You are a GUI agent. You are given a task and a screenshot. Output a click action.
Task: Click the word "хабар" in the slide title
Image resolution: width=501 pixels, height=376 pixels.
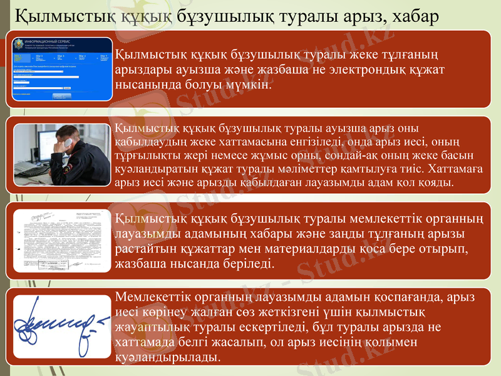coord(406,13)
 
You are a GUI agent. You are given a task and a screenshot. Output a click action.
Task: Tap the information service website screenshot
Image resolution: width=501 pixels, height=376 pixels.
coord(62,68)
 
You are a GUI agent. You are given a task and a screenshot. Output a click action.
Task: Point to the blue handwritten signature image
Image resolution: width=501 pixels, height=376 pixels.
coord(61,325)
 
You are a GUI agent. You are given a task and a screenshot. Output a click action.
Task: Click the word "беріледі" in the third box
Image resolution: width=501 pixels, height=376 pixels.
coord(249,263)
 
